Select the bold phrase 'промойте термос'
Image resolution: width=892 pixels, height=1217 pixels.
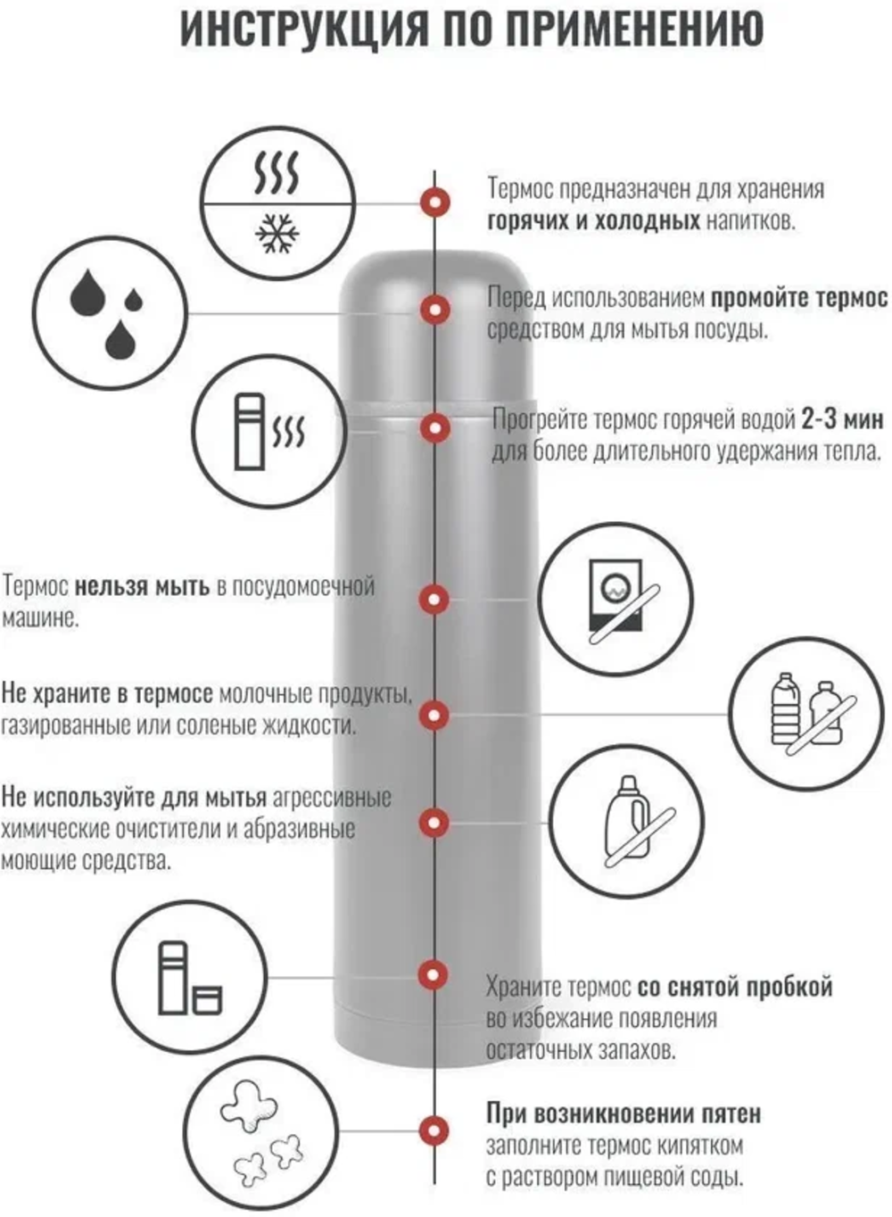798,297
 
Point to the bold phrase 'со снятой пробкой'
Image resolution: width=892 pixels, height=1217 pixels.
735,987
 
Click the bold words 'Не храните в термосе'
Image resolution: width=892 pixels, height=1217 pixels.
107,693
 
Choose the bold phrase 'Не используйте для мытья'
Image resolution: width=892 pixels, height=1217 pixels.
134,797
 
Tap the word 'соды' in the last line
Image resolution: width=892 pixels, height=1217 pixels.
720,1177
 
